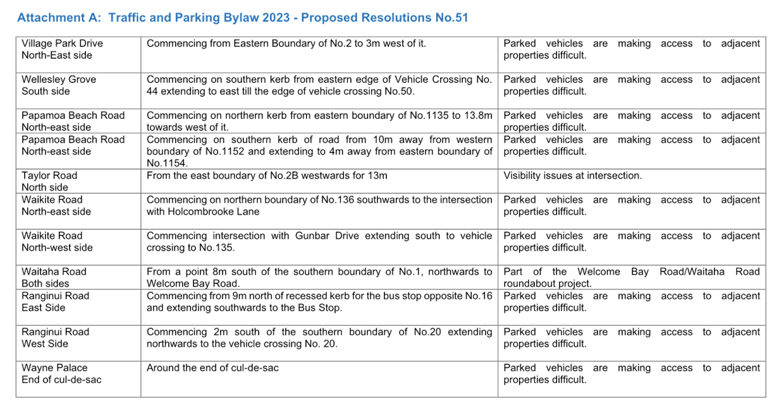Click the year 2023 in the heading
[x=276, y=17]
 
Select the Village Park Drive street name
[x=62, y=44]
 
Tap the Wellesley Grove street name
[x=59, y=79]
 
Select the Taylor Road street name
[x=49, y=176]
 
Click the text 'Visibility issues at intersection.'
[x=572, y=176]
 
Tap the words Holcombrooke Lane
[x=214, y=211]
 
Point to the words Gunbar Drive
[x=327, y=236]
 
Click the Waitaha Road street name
[x=54, y=271]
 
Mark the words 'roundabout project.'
[x=548, y=283]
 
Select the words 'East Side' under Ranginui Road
[x=44, y=308]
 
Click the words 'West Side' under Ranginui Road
[x=45, y=344]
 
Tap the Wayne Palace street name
[x=54, y=368]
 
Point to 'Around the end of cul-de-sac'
[x=212, y=368]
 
